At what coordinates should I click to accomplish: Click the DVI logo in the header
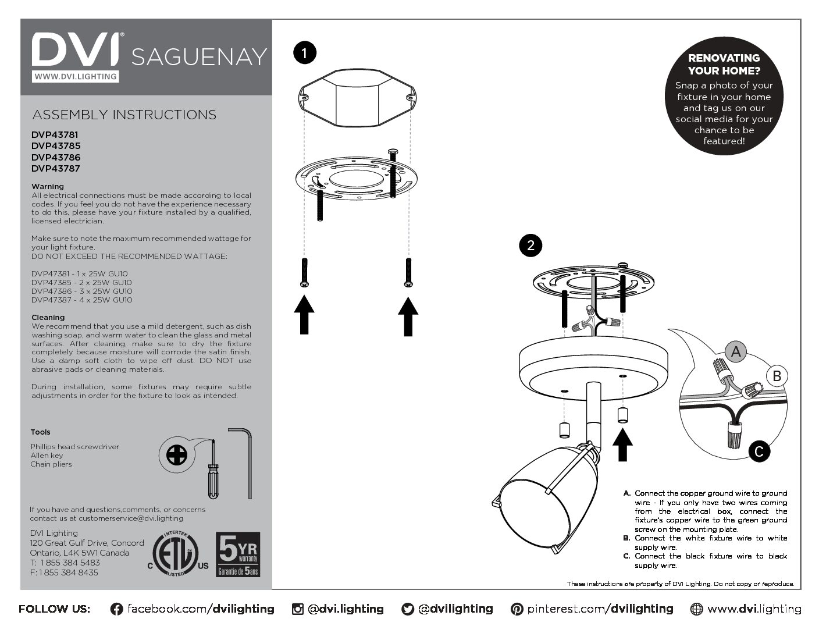click(76, 49)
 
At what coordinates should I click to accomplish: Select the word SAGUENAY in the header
click(199, 57)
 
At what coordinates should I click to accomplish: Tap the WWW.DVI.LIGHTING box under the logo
click(75, 76)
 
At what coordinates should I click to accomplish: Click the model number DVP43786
click(56, 157)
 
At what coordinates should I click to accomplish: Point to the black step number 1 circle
click(304, 53)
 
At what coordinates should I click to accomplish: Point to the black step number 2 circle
click(530, 245)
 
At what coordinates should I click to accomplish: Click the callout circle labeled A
click(736, 351)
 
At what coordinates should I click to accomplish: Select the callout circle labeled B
click(777, 376)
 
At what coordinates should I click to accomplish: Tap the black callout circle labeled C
click(759, 451)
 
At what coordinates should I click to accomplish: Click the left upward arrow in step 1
click(304, 315)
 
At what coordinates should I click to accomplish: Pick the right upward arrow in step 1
click(408, 316)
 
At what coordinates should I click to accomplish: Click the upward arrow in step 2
click(622, 444)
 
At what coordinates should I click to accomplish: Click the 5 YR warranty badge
click(238, 554)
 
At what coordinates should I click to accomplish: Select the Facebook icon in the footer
click(116, 609)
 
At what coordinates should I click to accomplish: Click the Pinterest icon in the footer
click(517, 609)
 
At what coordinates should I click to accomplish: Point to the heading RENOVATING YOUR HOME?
click(724, 64)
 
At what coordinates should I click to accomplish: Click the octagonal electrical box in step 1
click(357, 97)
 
